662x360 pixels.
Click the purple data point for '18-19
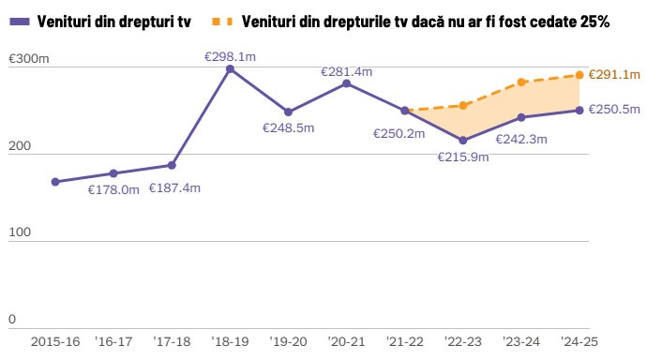(230, 69)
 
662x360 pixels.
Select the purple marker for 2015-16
(55, 182)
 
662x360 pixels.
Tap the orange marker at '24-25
(579, 75)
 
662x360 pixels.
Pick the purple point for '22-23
(463, 141)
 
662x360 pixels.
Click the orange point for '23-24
(521, 82)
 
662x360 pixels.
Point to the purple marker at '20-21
(347, 83)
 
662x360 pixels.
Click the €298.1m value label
(230, 56)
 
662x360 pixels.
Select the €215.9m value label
(463, 157)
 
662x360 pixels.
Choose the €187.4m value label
(174, 188)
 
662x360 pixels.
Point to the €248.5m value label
(288, 127)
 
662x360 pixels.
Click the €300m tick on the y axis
(29, 59)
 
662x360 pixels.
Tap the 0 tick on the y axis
(12, 320)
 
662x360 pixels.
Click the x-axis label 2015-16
(55, 341)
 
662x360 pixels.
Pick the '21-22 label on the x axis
(405, 341)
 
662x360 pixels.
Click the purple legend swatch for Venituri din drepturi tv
(20, 20)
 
